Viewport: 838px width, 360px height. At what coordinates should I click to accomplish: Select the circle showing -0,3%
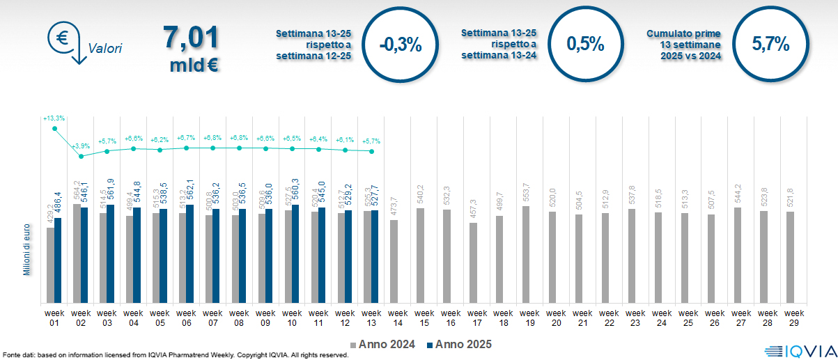click(x=401, y=44)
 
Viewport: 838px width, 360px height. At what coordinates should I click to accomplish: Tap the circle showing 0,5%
click(x=585, y=44)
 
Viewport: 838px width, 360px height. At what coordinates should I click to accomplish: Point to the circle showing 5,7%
click(x=770, y=44)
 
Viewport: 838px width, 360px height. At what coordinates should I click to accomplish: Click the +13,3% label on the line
click(x=54, y=119)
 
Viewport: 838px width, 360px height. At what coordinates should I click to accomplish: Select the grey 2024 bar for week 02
click(x=77, y=253)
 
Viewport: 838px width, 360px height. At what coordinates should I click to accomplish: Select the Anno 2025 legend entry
click(x=460, y=344)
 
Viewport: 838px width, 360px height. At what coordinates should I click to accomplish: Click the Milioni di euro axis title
click(x=27, y=249)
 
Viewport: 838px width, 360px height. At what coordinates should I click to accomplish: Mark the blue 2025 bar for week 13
click(x=375, y=256)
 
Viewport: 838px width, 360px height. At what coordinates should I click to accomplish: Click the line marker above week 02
click(x=82, y=157)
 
